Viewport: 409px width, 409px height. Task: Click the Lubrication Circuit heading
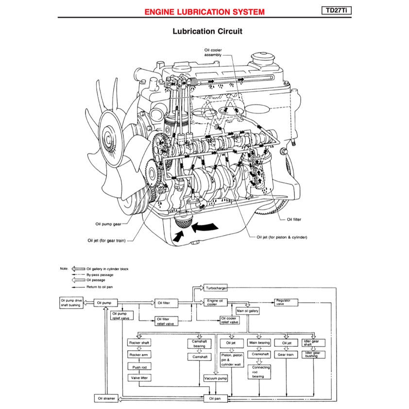[207, 32]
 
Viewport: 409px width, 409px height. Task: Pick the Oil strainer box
[105, 398]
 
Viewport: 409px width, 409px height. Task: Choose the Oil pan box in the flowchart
[215, 398]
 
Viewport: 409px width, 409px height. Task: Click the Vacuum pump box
[216, 378]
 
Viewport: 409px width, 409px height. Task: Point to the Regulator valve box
[286, 302]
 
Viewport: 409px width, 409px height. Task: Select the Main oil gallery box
[247, 310]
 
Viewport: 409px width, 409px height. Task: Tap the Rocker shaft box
[139, 342]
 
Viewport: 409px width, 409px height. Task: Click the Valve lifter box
[139, 377]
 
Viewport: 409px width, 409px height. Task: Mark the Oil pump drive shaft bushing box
[71, 303]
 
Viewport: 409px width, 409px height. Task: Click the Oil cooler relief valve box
[229, 321]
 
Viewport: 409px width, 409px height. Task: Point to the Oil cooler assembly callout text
[212, 52]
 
